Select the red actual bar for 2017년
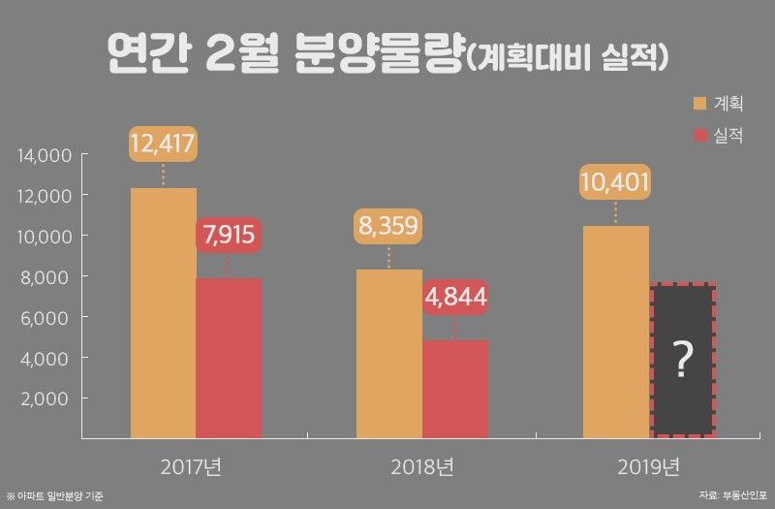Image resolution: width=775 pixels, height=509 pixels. tap(229, 358)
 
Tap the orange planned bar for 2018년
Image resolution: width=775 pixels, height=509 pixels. tap(389, 353)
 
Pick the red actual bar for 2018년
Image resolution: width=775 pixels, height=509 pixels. tap(455, 389)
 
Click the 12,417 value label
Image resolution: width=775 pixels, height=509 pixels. tap(164, 145)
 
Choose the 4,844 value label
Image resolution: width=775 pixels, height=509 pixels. tap(455, 296)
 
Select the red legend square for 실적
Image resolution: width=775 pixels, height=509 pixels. tap(701, 136)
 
